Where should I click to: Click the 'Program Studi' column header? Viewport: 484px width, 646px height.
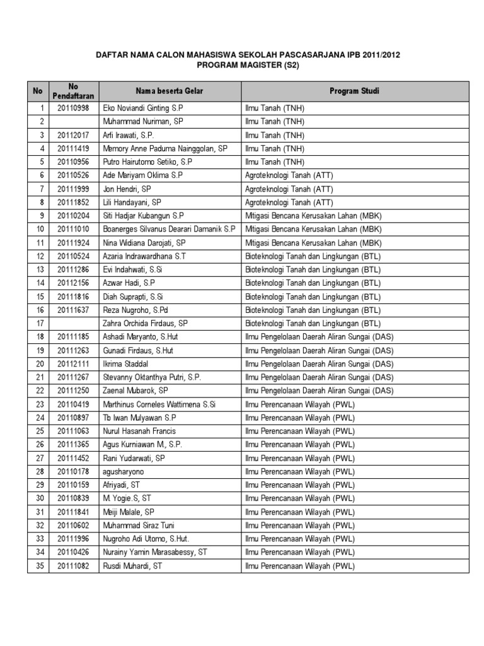(354, 91)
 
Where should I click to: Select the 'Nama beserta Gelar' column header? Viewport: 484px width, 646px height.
(170, 91)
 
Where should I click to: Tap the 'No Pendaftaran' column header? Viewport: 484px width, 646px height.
(74, 91)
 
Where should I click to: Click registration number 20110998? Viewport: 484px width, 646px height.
(74, 109)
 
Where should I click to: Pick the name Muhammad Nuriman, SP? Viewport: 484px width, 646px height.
(143, 120)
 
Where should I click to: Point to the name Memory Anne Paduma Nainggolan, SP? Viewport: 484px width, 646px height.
(165, 149)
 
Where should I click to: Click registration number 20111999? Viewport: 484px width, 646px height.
(74, 189)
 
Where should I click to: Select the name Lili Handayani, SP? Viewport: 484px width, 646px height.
(132, 203)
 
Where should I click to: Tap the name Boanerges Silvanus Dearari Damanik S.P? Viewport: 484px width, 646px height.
(169, 229)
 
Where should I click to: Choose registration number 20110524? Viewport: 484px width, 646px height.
(74, 256)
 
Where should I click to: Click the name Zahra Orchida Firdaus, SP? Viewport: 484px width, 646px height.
(146, 323)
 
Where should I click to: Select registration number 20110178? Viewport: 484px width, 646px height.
(74, 471)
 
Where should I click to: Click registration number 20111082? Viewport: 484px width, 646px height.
(74, 566)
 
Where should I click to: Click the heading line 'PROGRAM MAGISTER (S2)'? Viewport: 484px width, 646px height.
(247, 65)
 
